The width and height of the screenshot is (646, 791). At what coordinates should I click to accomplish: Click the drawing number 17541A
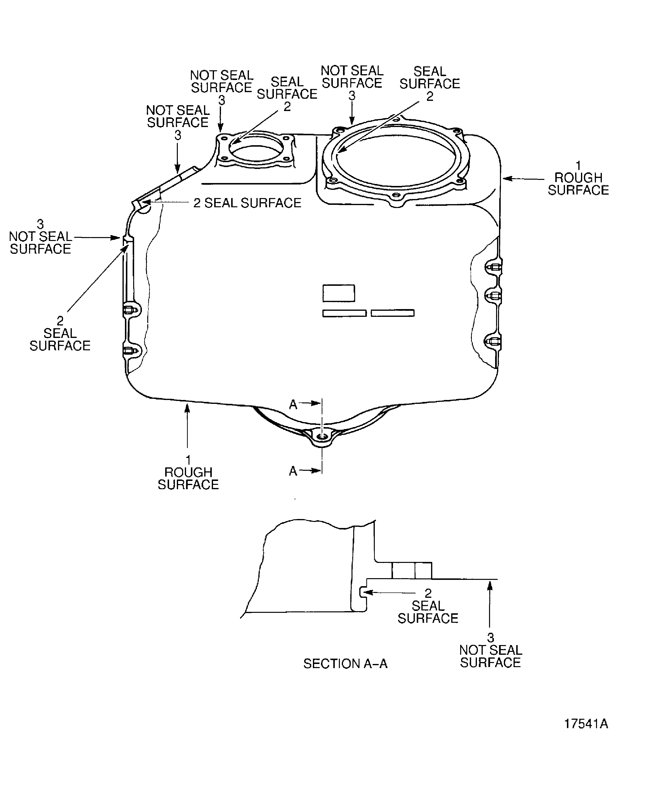pos(586,724)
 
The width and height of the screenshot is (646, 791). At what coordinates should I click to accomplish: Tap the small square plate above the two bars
pos(339,293)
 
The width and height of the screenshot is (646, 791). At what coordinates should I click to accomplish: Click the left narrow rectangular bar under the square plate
pos(344,313)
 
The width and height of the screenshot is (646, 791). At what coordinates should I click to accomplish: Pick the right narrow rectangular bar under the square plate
pos(393,313)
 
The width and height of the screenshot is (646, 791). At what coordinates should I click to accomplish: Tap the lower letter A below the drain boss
pos(293,471)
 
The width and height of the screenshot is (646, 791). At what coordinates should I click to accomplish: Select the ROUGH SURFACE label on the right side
pos(578,178)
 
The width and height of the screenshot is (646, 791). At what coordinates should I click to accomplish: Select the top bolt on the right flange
pos(494,267)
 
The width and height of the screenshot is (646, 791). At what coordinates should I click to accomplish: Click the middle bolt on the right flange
pos(494,296)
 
